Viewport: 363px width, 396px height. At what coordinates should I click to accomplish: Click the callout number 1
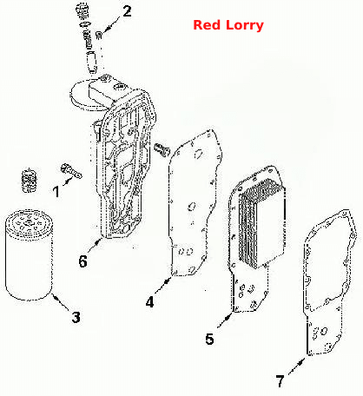[56, 192]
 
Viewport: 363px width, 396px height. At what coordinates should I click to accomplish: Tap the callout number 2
[127, 11]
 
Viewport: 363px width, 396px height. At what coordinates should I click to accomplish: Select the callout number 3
[76, 317]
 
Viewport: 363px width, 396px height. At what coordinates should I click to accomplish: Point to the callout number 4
[150, 302]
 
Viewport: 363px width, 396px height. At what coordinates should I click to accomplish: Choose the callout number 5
[209, 339]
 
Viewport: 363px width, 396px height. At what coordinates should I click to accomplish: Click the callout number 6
[82, 261]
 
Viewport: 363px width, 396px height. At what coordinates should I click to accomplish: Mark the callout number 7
[280, 381]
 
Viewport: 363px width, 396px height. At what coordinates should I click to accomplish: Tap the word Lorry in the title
[245, 26]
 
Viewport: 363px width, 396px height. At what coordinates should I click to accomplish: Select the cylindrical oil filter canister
[29, 254]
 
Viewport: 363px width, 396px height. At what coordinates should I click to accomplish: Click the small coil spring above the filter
[30, 180]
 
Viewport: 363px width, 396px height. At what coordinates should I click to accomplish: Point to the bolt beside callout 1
[71, 171]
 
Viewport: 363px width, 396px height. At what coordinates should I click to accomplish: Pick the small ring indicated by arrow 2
[98, 35]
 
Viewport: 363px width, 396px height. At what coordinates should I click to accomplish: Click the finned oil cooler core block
[261, 223]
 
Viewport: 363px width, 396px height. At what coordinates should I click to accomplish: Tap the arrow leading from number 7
[297, 366]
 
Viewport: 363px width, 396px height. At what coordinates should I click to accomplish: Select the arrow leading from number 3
[61, 302]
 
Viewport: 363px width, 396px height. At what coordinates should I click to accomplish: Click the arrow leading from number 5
[225, 320]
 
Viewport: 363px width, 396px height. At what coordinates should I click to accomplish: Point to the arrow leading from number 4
[163, 286]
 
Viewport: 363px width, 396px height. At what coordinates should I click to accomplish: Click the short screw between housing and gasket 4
[161, 149]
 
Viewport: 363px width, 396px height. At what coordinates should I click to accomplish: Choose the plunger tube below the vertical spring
[92, 63]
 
